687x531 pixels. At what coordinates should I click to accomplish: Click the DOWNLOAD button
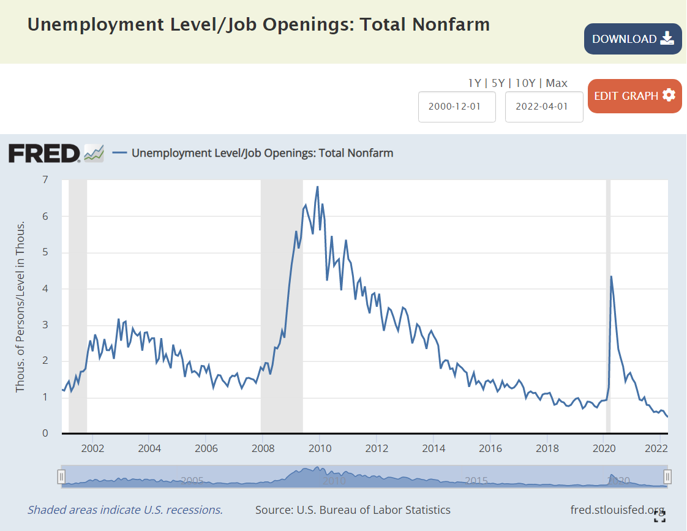(x=633, y=39)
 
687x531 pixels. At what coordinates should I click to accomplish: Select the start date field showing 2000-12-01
(x=457, y=106)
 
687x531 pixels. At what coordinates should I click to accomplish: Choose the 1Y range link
(x=474, y=83)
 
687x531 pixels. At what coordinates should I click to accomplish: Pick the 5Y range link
(x=497, y=83)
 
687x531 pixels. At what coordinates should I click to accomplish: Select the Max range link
(x=557, y=83)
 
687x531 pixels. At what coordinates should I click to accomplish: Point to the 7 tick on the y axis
(x=45, y=179)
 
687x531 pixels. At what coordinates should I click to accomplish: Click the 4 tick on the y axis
(x=45, y=288)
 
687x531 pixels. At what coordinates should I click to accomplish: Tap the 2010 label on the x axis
(x=320, y=448)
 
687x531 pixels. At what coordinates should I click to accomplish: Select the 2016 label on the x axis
(x=490, y=448)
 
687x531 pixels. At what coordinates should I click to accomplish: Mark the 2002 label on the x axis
(x=93, y=448)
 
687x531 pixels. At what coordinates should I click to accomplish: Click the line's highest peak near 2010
(x=317, y=187)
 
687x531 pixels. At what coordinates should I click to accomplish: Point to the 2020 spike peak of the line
(x=611, y=276)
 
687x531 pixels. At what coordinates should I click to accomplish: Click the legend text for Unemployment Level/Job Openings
(x=262, y=153)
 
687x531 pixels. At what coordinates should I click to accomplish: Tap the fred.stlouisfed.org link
(x=617, y=510)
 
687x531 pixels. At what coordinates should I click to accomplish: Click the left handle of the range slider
(x=61, y=476)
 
